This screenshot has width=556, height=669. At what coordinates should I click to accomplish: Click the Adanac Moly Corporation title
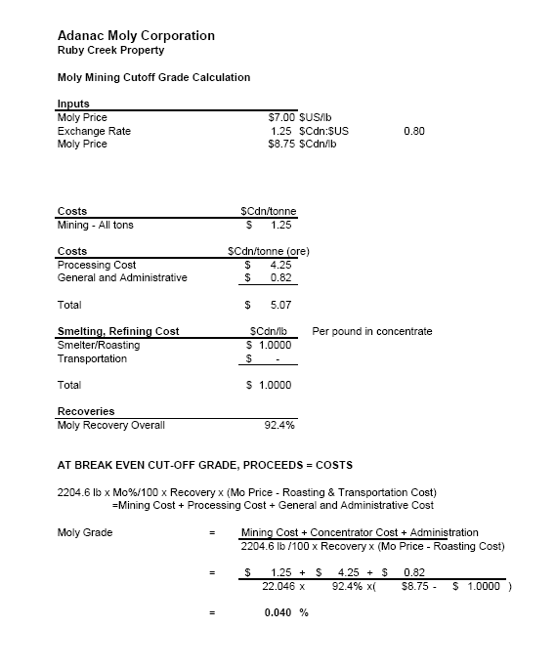[136, 36]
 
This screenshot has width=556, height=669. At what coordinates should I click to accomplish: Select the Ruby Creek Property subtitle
[111, 50]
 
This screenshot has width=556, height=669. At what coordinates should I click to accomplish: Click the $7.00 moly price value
[281, 117]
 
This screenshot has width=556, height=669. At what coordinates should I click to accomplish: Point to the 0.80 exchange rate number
[413, 131]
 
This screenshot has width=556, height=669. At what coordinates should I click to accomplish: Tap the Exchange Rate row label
[94, 131]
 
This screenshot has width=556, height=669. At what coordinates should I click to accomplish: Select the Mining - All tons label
[96, 226]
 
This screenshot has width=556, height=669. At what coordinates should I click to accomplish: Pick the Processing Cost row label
[97, 265]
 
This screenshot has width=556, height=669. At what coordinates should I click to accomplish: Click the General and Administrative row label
[122, 278]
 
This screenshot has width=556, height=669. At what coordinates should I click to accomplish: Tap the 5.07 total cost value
[280, 306]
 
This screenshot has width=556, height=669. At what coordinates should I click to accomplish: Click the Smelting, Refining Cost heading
[118, 332]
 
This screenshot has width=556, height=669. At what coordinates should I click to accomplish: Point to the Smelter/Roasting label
[99, 345]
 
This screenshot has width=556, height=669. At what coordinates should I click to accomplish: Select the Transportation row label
[92, 358]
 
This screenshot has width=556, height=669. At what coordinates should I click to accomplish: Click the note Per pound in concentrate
[371, 332]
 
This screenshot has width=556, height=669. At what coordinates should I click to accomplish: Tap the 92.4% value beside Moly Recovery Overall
[279, 425]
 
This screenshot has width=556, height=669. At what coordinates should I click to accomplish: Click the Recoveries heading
[86, 411]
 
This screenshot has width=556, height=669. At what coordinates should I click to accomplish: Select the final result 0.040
[278, 612]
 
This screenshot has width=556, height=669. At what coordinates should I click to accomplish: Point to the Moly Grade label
[85, 532]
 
